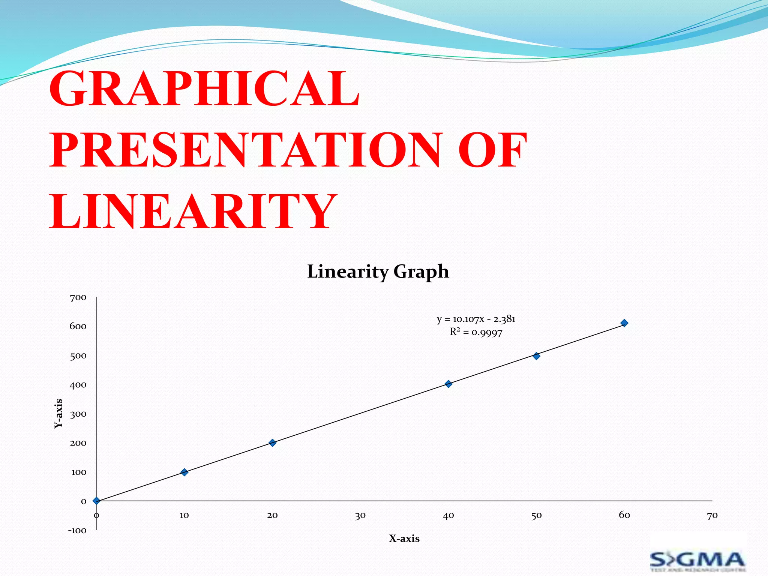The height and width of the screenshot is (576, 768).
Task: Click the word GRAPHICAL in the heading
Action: [x=204, y=89]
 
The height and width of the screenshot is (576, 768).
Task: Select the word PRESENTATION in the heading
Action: [x=246, y=150]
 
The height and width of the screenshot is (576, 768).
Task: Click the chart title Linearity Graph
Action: [x=378, y=271]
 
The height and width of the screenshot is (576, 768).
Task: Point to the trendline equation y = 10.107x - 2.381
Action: [x=476, y=319]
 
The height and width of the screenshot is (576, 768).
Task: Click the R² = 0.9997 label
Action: [x=476, y=332]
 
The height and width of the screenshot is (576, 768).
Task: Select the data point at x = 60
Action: [x=624, y=323]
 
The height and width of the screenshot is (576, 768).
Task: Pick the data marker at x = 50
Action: [x=536, y=356]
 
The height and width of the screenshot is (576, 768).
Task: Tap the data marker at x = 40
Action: [x=448, y=384]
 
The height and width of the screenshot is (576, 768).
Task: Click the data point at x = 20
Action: [x=273, y=443]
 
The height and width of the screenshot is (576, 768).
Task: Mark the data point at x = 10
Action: [x=184, y=472]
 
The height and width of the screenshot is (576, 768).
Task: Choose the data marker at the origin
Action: [x=96, y=501]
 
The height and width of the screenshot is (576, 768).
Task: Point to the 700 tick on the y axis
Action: [x=78, y=298]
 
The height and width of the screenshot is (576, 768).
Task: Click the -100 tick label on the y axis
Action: [x=77, y=531]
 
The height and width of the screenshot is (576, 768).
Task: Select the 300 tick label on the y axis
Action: [x=78, y=414]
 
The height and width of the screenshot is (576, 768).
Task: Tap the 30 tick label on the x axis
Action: [x=360, y=516]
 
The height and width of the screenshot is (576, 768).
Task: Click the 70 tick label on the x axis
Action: [x=712, y=516]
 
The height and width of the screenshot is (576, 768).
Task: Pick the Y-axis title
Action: [x=58, y=413]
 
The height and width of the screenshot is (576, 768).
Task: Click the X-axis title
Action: [x=404, y=538]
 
